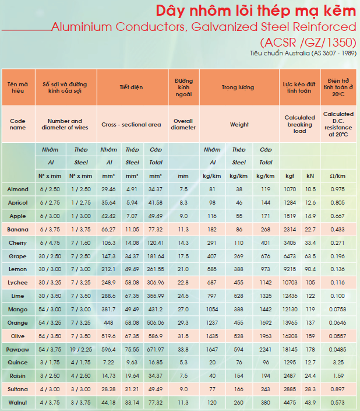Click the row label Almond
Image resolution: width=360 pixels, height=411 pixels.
pos(17,189)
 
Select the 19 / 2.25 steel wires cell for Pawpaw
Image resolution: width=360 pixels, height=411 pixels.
pos(81,349)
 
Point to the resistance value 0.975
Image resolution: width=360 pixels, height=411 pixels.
pos(337,189)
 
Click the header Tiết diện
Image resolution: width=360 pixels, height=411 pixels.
pos(131,87)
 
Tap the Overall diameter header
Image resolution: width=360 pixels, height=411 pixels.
pos(183,124)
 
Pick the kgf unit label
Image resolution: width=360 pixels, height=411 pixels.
pos(290,176)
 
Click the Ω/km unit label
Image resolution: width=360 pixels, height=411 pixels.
pos(337,176)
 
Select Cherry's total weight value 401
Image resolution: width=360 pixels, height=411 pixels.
pos(265,243)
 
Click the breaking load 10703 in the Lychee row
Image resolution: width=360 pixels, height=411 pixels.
pos(290,283)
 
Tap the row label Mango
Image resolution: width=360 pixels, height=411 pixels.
pos(17,310)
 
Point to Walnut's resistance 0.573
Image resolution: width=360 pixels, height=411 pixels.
pos(337,403)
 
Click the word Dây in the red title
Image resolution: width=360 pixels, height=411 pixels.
pos(170,11)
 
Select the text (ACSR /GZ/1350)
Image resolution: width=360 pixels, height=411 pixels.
pos(308,42)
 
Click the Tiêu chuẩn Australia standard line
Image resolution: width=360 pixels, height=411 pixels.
pos(303,53)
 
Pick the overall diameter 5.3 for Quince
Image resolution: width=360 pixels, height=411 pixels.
pos(183,363)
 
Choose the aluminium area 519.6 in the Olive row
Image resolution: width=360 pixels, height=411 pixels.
pos(108,336)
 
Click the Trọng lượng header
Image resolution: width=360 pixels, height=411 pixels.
pos(238,87)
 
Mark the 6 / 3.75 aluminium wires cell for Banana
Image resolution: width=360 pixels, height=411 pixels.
pos(50,229)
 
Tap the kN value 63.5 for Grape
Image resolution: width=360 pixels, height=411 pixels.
pos(310,257)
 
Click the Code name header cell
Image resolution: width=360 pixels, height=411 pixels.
pos(17,124)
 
